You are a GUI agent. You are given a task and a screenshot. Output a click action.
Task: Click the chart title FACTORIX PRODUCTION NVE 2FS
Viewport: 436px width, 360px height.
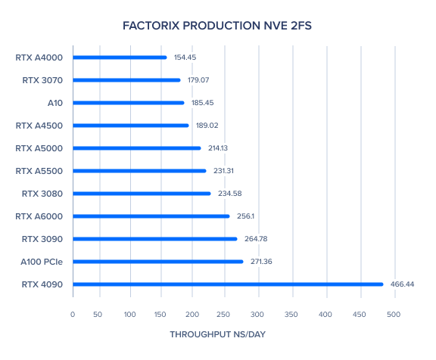pyautogui.click(x=217, y=26)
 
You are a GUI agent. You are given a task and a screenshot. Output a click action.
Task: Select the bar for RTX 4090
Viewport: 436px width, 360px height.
pyautogui.click(x=228, y=284)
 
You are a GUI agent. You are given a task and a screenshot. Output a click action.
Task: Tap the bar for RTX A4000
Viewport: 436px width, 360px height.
pyautogui.click(x=120, y=57)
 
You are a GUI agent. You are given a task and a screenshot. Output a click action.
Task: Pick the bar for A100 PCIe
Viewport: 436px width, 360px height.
pyautogui.click(x=158, y=262)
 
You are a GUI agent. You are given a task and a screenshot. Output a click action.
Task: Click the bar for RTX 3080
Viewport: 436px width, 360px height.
pyautogui.click(x=142, y=194)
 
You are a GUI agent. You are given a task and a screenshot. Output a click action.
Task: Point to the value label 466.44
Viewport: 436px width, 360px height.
pyautogui.click(x=402, y=284)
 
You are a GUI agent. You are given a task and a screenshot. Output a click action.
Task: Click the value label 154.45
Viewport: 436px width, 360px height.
pyautogui.click(x=185, y=57)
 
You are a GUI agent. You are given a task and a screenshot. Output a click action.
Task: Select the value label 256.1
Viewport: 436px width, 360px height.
pyautogui.click(x=245, y=216)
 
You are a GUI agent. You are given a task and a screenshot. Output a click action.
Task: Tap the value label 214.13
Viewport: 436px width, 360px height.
pyautogui.click(x=218, y=148)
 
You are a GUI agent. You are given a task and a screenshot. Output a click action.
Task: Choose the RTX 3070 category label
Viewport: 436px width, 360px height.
pyautogui.click(x=42, y=80)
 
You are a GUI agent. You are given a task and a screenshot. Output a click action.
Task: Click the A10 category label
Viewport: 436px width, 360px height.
pyautogui.click(x=55, y=103)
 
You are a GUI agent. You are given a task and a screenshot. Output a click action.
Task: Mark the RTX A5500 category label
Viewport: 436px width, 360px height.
pyautogui.click(x=39, y=171)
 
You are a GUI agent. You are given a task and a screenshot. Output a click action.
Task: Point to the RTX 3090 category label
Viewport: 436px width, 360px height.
pyautogui.click(x=42, y=239)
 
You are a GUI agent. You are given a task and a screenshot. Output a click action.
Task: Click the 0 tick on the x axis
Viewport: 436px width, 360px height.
pyautogui.click(x=73, y=315)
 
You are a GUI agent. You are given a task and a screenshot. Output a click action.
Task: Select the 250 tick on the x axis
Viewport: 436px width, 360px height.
pyautogui.click(x=223, y=315)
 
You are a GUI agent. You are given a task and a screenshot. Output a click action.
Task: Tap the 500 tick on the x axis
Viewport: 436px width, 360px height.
pyautogui.click(x=394, y=315)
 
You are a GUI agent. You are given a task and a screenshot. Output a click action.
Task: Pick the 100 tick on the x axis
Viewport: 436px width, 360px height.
pyautogui.click(x=130, y=315)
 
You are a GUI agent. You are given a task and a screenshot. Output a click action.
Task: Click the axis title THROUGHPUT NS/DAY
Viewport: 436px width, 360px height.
pyautogui.click(x=218, y=334)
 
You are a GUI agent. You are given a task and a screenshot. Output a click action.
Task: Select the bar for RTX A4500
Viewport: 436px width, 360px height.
pyautogui.click(x=131, y=126)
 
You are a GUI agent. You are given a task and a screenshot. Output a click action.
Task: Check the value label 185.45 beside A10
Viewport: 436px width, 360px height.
pyautogui.click(x=202, y=103)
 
